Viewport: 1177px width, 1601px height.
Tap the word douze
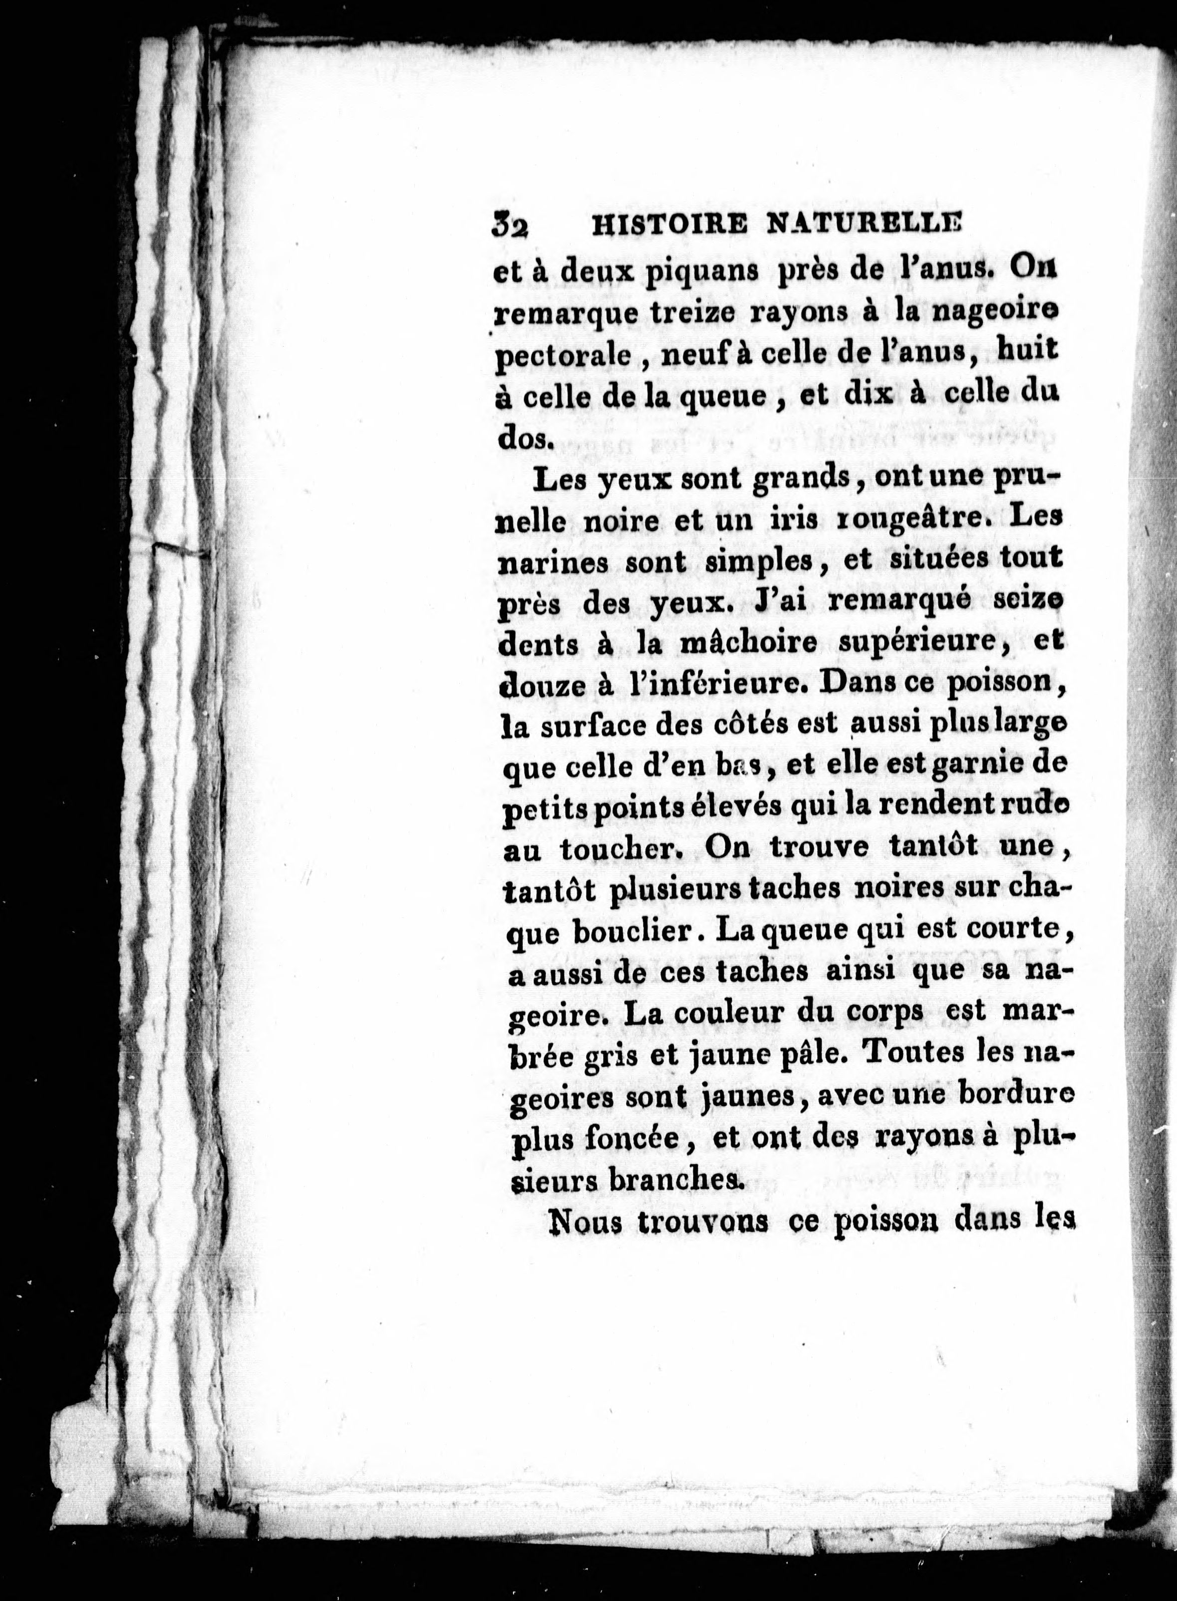535,684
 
